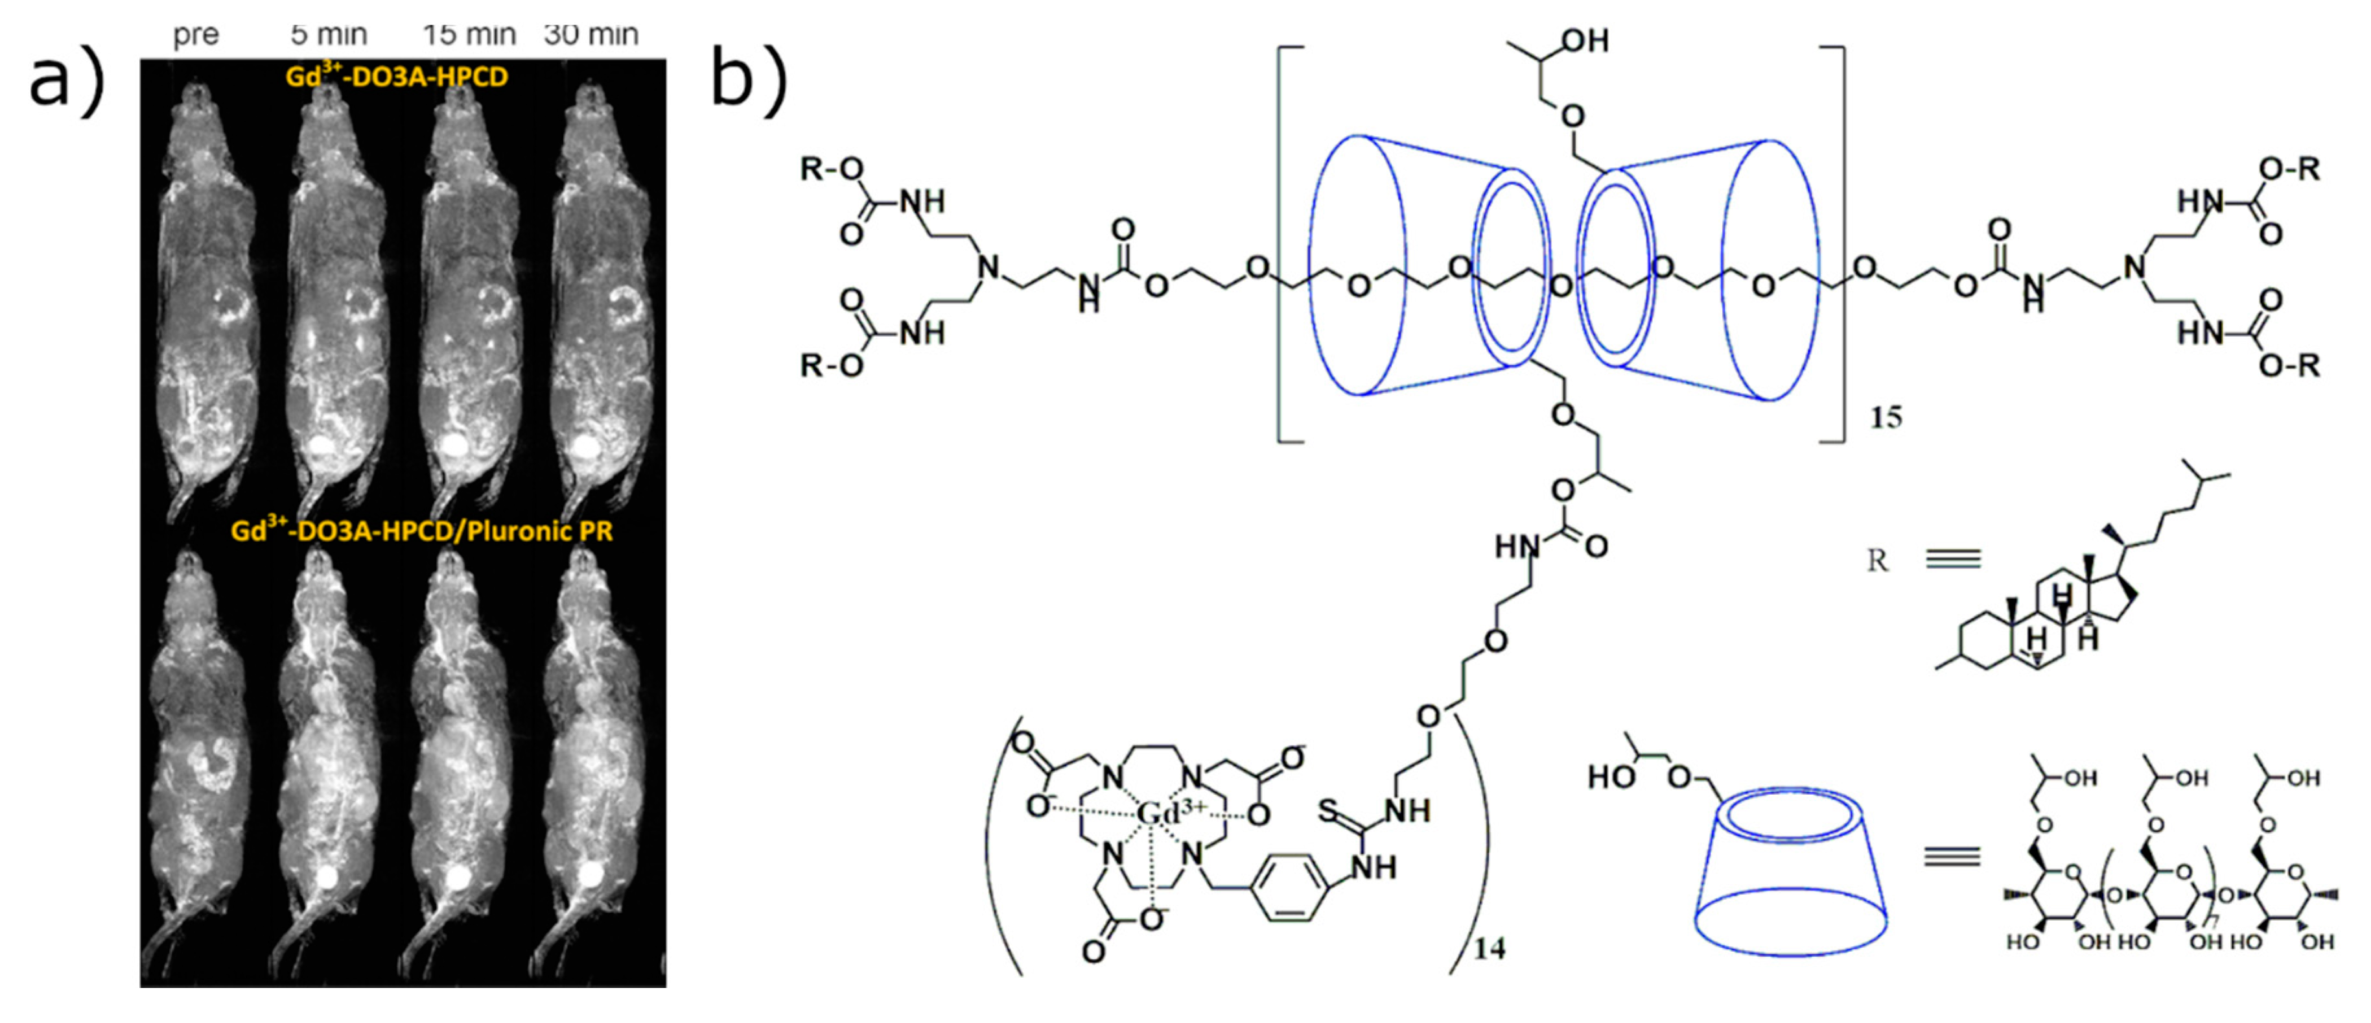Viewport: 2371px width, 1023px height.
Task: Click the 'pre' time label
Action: [x=196, y=35]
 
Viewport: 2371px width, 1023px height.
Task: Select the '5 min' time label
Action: [x=329, y=35]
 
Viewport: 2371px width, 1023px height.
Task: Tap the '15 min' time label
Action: [x=469, y=35]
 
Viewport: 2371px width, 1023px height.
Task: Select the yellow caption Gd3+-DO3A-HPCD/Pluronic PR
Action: [x=421, y=531]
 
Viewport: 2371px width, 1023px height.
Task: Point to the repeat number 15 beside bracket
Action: [x=1885, y=418]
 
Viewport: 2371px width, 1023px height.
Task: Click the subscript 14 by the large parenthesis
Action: [x=1489, y=948]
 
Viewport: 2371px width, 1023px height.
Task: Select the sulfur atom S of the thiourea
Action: [x=1328, y=810]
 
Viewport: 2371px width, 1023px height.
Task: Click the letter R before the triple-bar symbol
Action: [x=1878, y=560]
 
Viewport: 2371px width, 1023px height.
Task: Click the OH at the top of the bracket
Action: [x=1585, y=40]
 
